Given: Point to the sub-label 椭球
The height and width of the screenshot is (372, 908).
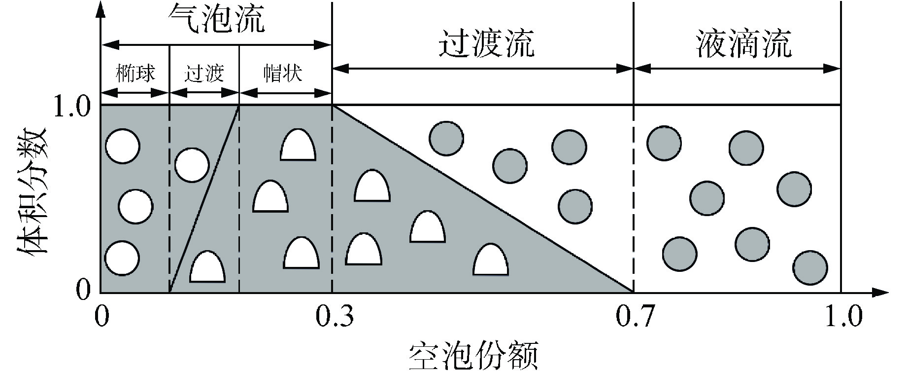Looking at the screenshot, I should point(135,73).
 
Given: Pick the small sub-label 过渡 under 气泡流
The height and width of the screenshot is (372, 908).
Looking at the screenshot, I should point(203,73).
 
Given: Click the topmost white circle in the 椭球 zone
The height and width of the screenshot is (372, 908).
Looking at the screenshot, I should point(123,146).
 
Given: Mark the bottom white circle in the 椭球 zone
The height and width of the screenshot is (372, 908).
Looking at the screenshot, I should point(122,258).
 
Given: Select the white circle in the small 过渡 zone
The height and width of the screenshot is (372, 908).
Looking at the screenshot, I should point(192,165).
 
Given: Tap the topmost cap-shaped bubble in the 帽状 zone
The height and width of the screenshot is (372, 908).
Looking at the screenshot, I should point(298,146).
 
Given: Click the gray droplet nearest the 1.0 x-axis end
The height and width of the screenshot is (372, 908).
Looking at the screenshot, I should point(810,268).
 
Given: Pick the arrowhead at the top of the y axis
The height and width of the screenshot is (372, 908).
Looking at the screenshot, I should point(101,7).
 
